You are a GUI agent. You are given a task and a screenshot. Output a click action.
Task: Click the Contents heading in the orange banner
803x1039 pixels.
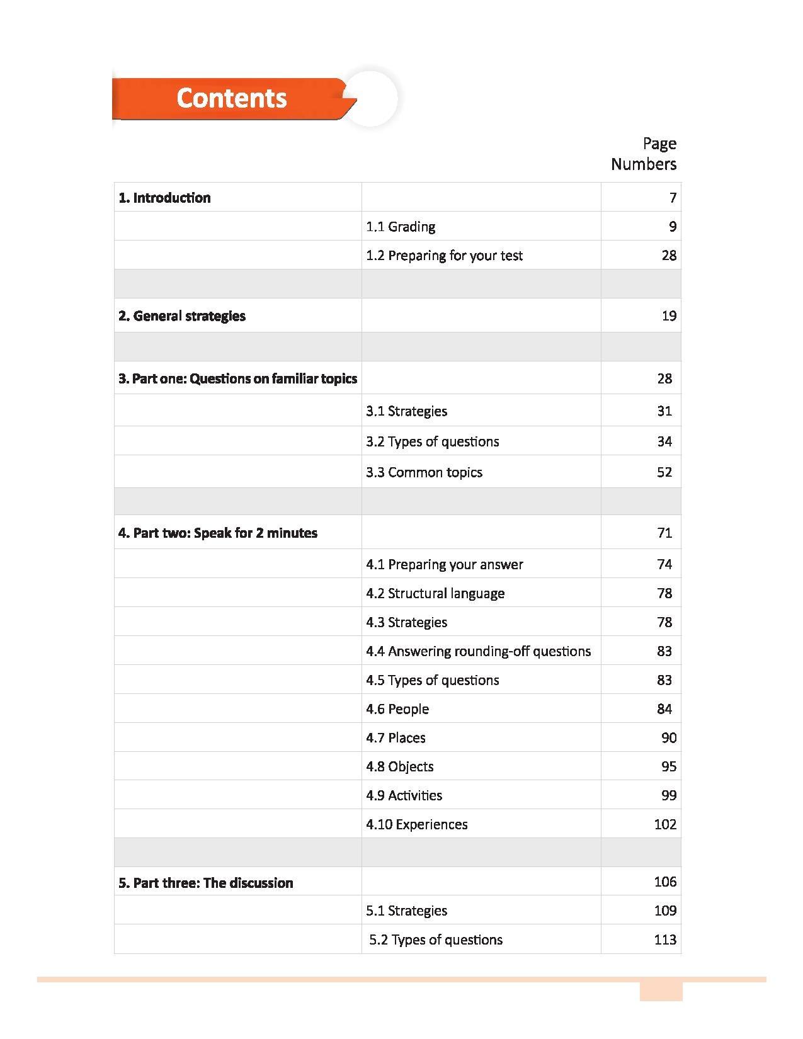pyautogui.click(x=231, y=98)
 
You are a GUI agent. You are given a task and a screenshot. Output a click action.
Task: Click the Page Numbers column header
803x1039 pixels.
pyautogui.click(x=644, y=154)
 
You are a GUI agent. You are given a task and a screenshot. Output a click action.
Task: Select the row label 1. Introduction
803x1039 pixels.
pyautogui.click(x=164, y=198)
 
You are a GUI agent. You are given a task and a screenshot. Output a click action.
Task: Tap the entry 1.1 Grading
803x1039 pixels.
pyautogui.click(x=401, y=227)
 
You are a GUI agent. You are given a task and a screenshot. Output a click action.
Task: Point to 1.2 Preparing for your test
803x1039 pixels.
pyautogui.click(x=444, y=256)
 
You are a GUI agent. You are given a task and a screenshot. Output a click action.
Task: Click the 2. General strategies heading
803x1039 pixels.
pyautogui.click(x=182, y=316)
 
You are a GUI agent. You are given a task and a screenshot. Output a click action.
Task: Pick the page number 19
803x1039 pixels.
pyautogui.click(x=669, y=316)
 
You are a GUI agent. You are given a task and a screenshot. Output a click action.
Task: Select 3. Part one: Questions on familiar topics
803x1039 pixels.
pyautogui.click(x=237, y=378)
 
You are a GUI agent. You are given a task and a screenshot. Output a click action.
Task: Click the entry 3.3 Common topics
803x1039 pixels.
pyautogui.click(x=424, y=472)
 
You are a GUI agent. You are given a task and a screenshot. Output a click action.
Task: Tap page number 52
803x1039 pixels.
pyautogui.click(x=664, y=472)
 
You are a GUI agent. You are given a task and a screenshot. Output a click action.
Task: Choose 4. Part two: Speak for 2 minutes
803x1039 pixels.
pyautogui.click(x=218, y=533)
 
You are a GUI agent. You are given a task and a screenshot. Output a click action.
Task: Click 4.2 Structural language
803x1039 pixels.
pyautogui.click(x=435, y=593)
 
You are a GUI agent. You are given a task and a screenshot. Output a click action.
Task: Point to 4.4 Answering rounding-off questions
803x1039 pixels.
pyautogui.click(x=478, y=651)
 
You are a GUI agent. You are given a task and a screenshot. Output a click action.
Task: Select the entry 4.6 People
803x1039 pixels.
pyautogui.click(x=397, y=709)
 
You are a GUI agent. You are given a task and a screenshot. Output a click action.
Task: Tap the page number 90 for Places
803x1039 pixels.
pyautogui.click(x=669, y=738)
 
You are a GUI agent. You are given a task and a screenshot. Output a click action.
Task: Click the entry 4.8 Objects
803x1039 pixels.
pyautogui.click(x=400, y=767)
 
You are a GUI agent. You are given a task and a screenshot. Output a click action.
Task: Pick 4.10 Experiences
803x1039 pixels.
pyautogui.click(x=417, y=825)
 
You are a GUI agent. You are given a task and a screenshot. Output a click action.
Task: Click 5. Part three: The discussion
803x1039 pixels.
pyautogui.click(x=206, y=883)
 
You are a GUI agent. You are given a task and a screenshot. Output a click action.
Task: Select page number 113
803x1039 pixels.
pyautogui.click(x=665, y=940)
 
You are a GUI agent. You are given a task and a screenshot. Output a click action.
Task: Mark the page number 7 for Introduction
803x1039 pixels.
pyautogui.click(x=673, y=198)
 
